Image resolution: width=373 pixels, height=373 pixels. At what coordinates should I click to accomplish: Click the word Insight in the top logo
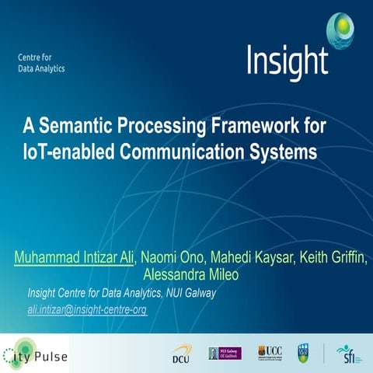287,61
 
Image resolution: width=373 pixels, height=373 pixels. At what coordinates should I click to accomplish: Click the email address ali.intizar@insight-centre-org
87,309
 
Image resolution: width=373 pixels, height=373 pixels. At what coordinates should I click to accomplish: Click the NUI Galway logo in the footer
225,353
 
